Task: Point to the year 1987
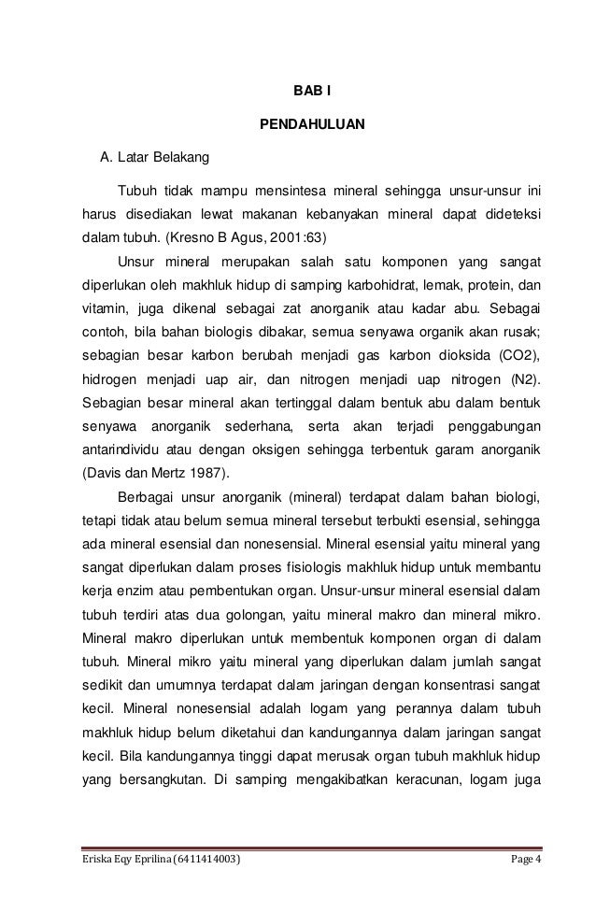[x=206, y=470]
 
